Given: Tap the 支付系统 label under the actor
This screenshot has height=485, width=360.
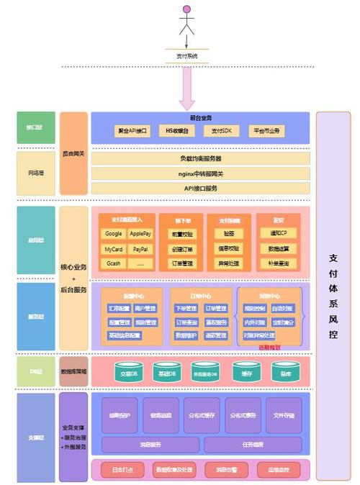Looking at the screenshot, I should [x=187, y=55].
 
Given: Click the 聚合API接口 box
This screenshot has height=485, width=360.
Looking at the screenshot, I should [x=132, y=131].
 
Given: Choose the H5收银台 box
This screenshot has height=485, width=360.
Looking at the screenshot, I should [x=176, y=131].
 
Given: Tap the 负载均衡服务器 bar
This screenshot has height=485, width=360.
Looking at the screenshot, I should [x=200, y=158].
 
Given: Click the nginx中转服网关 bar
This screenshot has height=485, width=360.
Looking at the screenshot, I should [x=200, y=173].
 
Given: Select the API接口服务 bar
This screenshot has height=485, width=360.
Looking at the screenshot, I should [x=200, y=188].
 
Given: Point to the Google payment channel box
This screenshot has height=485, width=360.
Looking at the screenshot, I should [x=113, y=233].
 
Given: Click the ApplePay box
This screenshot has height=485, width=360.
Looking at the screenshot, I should [x=140, y=233].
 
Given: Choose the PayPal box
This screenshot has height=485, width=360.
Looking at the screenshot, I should [x=140, y=248].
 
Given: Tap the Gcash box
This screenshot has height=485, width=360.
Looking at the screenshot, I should [x=113, y=263].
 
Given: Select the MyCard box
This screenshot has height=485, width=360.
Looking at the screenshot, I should [x=113, y=248].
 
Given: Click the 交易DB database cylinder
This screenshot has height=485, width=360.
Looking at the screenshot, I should [x=130, y=373].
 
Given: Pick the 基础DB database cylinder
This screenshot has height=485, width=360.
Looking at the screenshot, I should [x=167, y=373].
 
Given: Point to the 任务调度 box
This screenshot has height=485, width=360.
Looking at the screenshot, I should [x=248, y=444].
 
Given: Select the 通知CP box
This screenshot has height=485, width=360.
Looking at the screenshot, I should [x=279, y=233].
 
